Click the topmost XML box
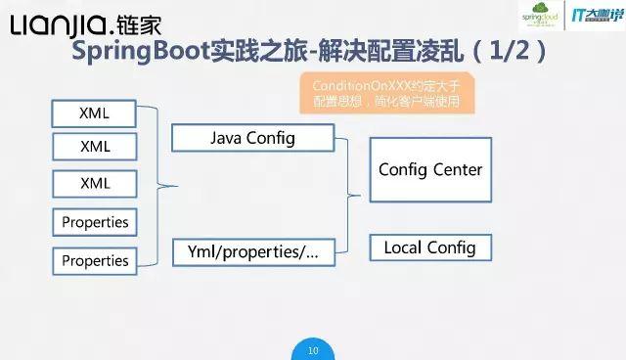pyautogui.click(x=94, y=112)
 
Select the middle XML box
pyautogui.click(x=94, y=148)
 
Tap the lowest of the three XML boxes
pyautogui.click(x=94, y=184)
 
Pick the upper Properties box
pyautogui.click(x=95, y=222)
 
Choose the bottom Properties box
pyautogui.click(x=95, y=260)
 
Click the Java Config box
pyautogui.click(x=252, y=138)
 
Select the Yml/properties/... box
pyautogui.click(x=252, y=251)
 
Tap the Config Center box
pyautogui.click(x=430, y=170)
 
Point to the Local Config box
pyautogui.click(x=429, y=247)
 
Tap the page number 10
pyautogui.click(x=313, y=349)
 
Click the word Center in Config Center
pyautogui.click(x=456, y=170)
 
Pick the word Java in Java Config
pyautogui.click(x=226, y=138)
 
